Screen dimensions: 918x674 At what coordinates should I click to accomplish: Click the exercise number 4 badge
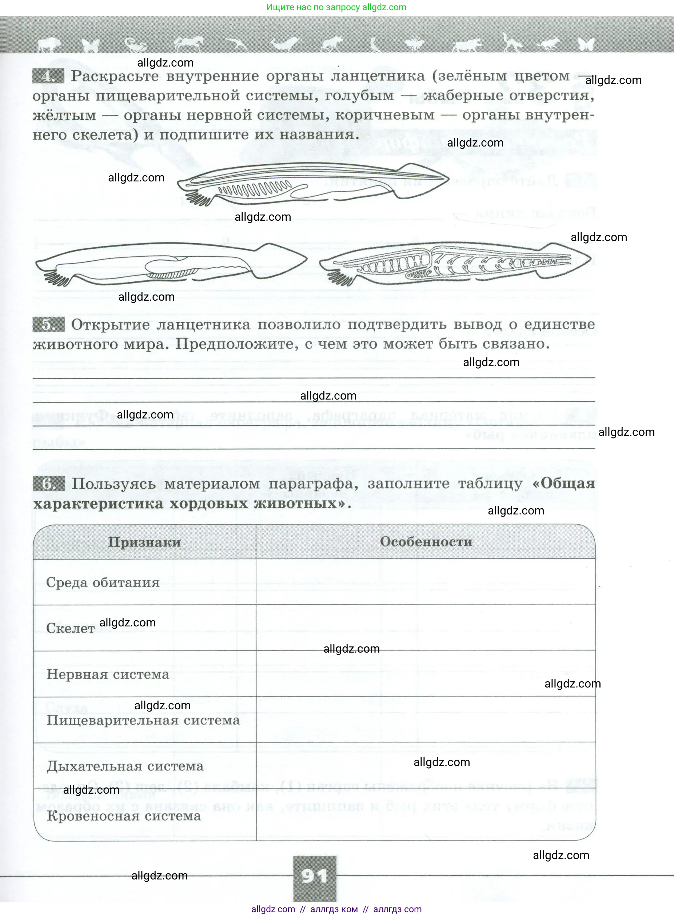pos(48,76)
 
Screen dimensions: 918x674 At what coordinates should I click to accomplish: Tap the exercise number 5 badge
pos(48,325)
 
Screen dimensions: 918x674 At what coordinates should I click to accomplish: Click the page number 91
pos(315,875)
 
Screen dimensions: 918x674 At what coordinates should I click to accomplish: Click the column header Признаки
pos(144,542)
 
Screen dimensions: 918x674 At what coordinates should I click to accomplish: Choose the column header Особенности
pos(426,542)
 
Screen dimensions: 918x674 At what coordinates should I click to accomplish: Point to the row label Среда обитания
pos(103,582)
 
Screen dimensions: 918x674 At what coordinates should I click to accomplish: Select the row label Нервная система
pos(108,674)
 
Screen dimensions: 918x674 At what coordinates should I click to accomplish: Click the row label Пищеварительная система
pos(143,720)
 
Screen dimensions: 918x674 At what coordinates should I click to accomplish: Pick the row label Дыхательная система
pos(125,766)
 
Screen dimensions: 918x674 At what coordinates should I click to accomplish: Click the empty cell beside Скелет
pos(426,628)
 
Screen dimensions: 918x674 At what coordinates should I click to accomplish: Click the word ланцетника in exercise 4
pos(378,76)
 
